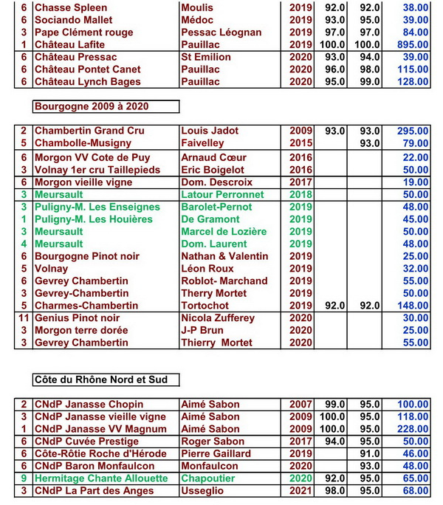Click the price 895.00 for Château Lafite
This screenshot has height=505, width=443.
tap(413, 45)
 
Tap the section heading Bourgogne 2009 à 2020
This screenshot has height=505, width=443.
tap(92, 106)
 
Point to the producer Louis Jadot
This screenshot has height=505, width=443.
tap(210, 131)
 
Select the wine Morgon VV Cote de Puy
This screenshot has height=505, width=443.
tap(92, 158)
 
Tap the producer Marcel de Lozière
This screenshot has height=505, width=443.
tap(224, 232)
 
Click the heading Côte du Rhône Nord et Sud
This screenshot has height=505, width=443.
tap(100, 379)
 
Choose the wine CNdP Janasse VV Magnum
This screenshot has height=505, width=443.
tap(100, 429)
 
